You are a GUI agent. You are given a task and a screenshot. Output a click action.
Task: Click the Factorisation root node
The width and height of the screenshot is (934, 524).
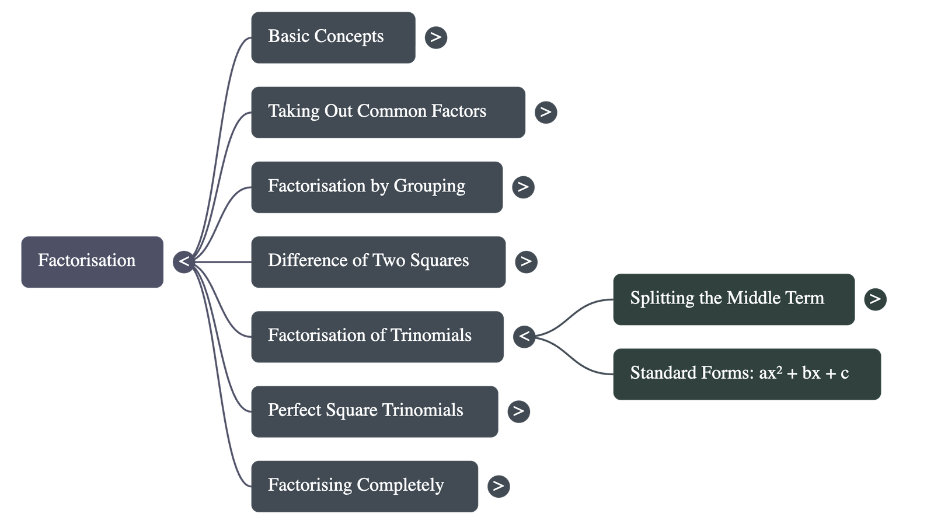click(92, 261)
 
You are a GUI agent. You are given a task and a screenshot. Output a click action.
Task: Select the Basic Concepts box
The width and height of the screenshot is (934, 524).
click(333, 37)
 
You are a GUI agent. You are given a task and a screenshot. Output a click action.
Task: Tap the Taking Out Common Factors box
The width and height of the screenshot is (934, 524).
click(388, 112)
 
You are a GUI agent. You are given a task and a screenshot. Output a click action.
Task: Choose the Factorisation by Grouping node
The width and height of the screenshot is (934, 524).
click(377, 187)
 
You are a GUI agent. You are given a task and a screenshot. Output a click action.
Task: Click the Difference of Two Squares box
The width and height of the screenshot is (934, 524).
click(378, 261)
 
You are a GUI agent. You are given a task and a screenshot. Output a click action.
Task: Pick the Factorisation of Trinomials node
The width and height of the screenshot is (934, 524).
click(377, 336)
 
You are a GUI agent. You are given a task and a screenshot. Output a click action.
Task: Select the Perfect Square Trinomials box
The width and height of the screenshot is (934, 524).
click(374, 411)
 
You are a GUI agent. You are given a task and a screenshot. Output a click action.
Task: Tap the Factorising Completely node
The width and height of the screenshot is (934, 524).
click(364, 486)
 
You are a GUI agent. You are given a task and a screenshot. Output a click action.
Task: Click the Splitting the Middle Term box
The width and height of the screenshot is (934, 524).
click(733, 299)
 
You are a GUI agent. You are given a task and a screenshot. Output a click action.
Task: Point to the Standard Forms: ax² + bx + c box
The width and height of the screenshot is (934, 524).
click(747, 373)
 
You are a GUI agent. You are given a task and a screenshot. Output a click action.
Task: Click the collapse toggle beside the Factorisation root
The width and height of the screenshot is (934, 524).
click(184, 261)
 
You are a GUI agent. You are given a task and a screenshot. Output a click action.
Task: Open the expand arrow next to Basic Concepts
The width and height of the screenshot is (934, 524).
click(436, 37)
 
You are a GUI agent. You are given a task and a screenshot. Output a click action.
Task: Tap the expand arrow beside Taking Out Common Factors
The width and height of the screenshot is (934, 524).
click(546, 112)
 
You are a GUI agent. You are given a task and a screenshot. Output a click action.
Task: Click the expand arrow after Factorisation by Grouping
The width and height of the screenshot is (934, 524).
click(523, 187)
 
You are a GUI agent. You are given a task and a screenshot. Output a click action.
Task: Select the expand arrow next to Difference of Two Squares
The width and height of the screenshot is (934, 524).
click(526, 261)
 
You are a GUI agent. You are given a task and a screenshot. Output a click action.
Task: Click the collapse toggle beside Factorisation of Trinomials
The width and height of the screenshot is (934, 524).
click(524, 336)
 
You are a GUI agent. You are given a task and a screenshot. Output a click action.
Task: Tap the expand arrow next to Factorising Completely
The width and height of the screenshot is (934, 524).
click(498, 486)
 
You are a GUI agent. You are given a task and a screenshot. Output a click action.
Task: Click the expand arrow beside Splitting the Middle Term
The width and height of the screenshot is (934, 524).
click(875, 299)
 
